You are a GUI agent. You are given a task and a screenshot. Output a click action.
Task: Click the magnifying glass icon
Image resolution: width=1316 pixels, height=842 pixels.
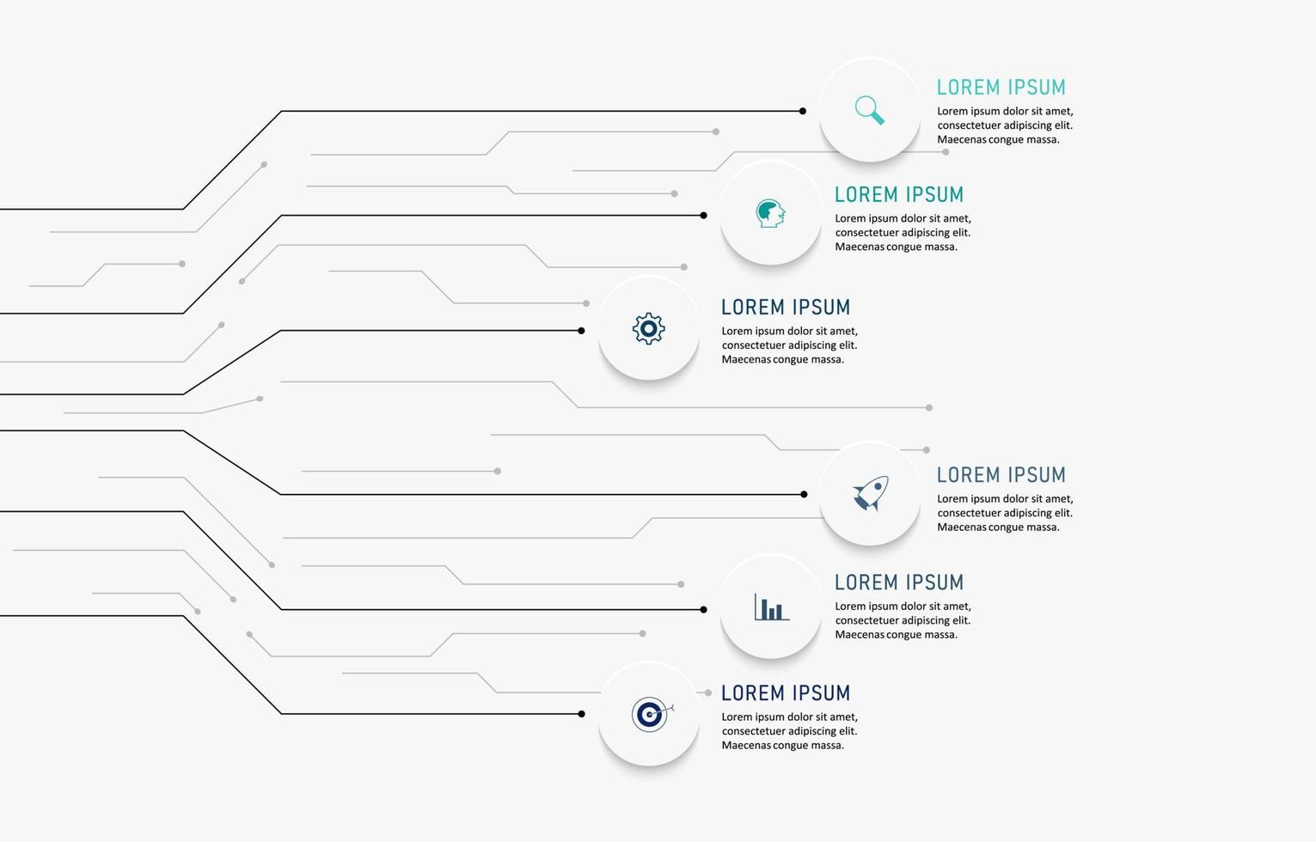(869, 110)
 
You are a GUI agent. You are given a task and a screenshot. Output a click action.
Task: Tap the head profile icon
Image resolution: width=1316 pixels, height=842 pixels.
(770, 213)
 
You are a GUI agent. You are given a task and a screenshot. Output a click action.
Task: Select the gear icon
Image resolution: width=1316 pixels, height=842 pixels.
(648, 328)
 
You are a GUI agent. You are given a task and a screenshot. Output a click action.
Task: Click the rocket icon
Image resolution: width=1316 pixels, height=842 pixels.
(870, 494)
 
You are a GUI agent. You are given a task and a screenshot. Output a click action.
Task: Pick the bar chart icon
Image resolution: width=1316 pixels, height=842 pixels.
(771, 607)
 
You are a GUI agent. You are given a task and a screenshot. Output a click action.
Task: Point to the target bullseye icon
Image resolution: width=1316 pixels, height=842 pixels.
(651, 713)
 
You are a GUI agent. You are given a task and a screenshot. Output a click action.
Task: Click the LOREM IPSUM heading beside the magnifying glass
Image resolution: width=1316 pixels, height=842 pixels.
(1001, 88)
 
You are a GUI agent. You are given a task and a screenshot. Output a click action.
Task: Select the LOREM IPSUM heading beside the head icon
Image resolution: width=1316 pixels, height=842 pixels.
(898, 195)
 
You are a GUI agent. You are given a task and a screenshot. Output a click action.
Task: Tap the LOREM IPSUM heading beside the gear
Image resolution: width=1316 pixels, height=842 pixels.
(785, 308)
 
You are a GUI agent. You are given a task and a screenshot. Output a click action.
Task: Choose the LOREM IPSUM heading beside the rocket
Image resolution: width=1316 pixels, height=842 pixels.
(1001, 475)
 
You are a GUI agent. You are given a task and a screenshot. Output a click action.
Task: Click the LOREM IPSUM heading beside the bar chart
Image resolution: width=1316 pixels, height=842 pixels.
(898, 583)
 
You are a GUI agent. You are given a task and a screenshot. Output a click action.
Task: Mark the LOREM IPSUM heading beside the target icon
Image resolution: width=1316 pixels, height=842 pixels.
(785, 693)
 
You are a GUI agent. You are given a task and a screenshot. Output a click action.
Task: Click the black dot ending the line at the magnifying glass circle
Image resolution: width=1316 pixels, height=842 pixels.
(803, 111)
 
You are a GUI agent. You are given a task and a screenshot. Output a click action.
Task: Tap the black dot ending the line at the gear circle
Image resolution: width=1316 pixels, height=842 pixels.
(581, 331)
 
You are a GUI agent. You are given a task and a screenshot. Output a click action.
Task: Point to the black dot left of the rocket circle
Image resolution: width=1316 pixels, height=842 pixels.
(804, 494)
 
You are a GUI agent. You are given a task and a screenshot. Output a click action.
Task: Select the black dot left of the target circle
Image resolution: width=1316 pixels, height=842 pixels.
(581, 714)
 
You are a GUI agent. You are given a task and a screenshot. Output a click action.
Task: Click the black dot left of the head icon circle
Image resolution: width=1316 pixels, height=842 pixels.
(703, 216)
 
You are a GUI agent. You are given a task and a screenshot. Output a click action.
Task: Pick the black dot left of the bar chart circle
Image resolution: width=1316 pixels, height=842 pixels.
(703, 610)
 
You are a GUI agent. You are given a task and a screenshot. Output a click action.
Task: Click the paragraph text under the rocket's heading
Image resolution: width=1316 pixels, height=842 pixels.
(1004, 513)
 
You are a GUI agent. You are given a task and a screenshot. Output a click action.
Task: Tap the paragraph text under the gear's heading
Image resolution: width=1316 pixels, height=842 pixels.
(788, 345)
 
